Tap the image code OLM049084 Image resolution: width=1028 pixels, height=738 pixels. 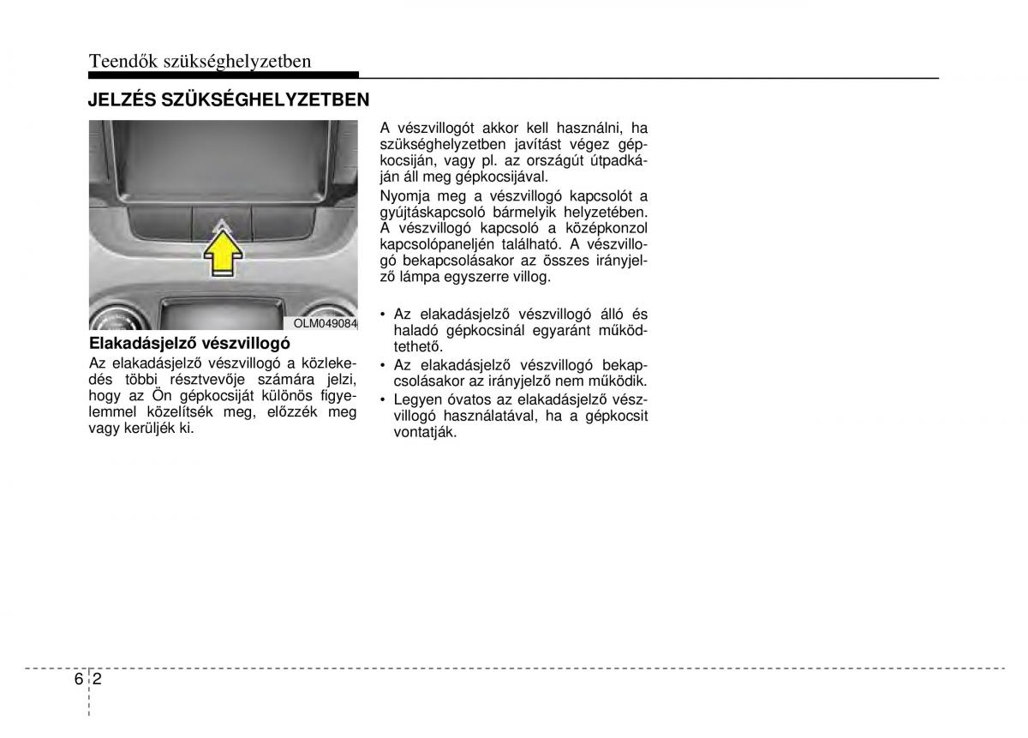coord(325,323)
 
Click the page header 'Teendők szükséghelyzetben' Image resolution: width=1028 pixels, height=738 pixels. coord(199,61)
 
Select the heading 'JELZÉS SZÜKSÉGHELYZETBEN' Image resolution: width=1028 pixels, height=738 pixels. coord(229,99)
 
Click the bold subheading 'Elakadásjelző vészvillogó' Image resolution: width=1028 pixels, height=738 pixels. coord(183,344)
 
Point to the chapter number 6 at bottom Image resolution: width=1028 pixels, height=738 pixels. coord(78,678)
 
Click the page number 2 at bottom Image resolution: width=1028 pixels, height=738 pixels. coord(99,678)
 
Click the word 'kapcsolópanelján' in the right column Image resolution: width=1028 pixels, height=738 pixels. coord(433,244)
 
